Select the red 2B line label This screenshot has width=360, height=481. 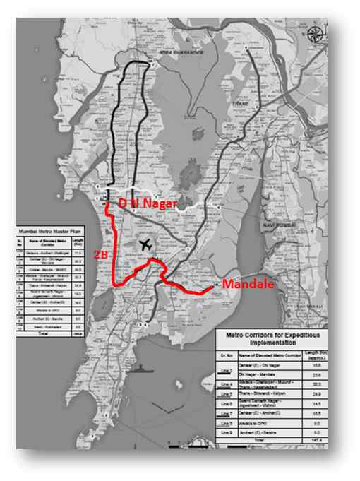pos(102,249)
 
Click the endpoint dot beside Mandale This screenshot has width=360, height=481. pos(216,286)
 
